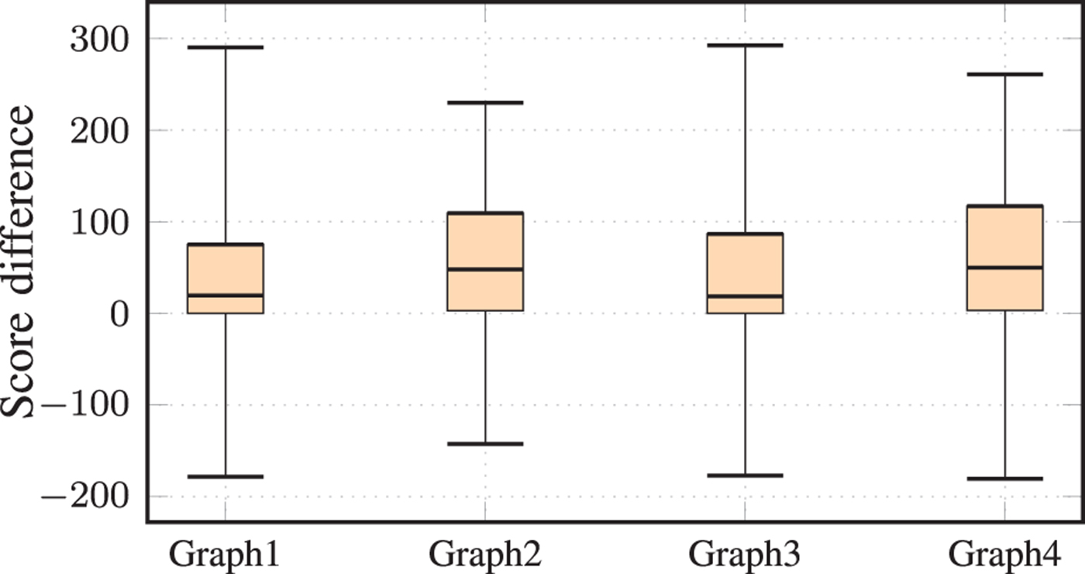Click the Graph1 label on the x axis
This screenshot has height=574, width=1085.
(225, 555)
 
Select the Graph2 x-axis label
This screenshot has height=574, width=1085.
(485, 555)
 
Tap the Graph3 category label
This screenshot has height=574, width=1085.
(745, 555)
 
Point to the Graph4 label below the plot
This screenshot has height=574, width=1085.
(1005, 555)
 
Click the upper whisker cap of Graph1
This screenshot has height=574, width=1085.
(226, 47)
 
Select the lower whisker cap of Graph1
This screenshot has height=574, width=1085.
(226, 476)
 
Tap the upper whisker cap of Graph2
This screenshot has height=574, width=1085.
(485, 102)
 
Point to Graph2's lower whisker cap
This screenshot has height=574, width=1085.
(485, 444)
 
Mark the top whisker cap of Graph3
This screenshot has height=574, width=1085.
(745, 45)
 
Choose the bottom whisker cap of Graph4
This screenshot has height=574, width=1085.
(1005, 479)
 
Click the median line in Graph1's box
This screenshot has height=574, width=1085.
(226, 296)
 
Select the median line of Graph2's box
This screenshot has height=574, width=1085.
(485, 269)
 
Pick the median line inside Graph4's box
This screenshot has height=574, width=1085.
(1005, 268)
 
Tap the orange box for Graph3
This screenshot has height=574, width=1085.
(745, 264)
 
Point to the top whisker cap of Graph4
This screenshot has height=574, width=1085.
(1005, 74)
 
